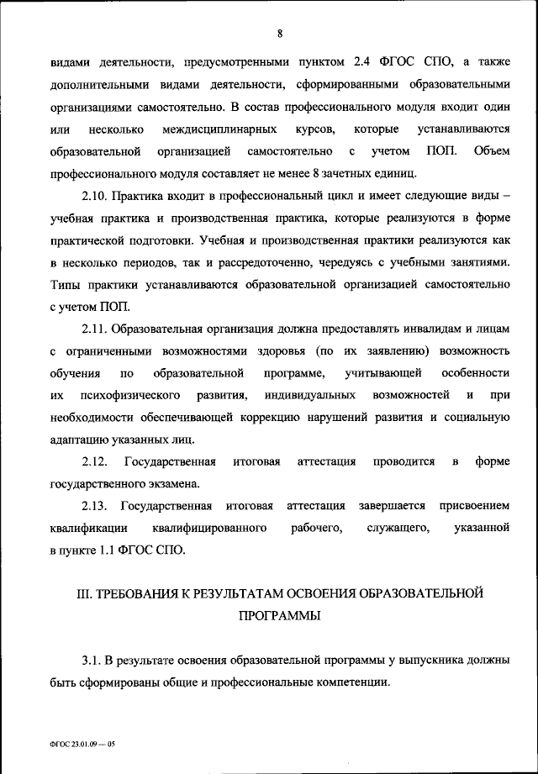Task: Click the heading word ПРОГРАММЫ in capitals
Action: [x=279, y=616]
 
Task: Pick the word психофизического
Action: [x=136, y=394]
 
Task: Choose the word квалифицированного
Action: [x=210, y=528]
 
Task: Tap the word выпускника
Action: [x=430, y=658]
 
